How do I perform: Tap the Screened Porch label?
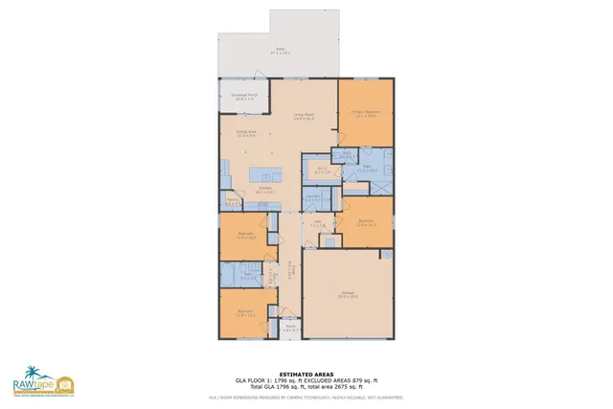pos(244,98)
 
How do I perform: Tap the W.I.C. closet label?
pos(323,170)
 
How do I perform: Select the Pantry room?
pos(232,202)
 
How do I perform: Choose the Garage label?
pos(348,295)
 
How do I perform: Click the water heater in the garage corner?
pos(387,256)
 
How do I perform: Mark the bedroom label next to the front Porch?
pos(245,312)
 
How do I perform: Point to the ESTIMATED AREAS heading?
pos(306,375)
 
